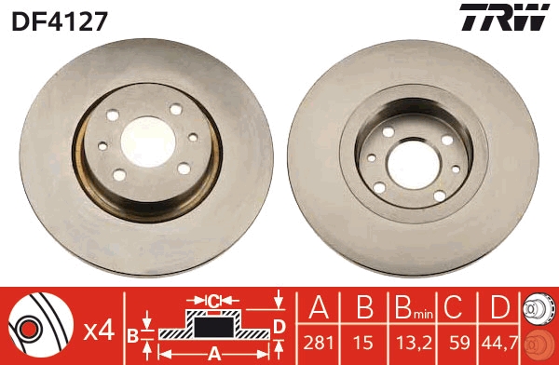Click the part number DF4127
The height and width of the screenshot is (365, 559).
pos(60,21)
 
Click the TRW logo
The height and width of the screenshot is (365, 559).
pos(504,17)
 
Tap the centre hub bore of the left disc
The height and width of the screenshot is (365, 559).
pos(147,142)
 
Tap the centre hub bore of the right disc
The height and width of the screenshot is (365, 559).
pos(414,165)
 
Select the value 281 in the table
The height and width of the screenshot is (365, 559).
pos(319,343)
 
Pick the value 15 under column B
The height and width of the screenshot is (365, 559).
pos(363,343)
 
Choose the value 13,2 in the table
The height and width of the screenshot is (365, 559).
pos(414,343)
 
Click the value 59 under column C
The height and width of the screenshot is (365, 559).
pos(459,343)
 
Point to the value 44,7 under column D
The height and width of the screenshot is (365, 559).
pos(499,343)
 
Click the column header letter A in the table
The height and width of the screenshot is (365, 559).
pos(319,307)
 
